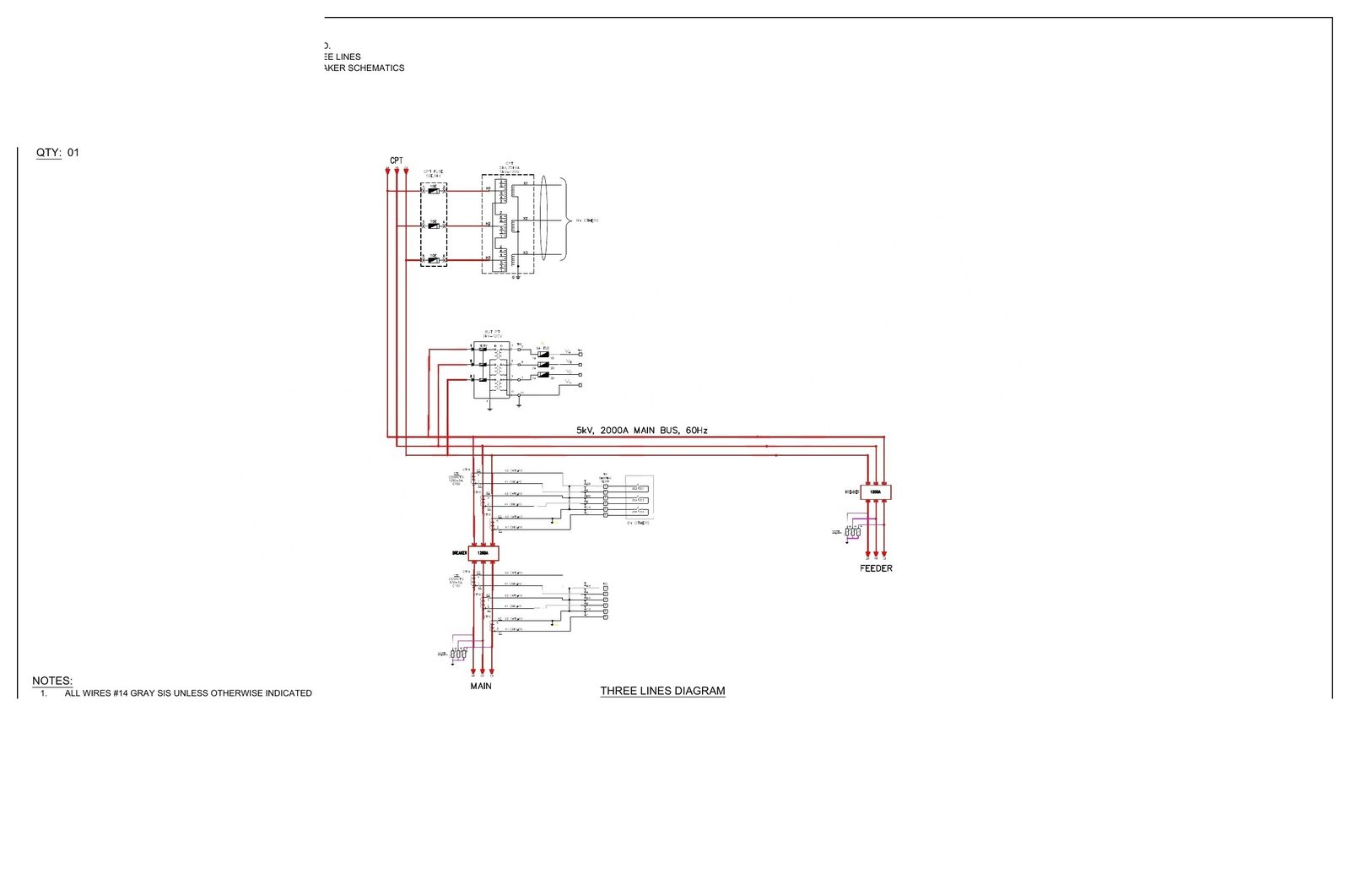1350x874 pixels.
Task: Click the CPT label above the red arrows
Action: (x=396, y=160)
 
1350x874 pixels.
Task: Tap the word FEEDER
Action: (x=876, y=568)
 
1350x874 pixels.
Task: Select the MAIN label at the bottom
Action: (x=481, y=686)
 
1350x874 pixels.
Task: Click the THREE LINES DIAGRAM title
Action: (x=662, y=691)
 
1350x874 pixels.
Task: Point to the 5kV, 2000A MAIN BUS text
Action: (x=641, y=431)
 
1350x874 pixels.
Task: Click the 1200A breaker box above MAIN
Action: (x=483, y=553)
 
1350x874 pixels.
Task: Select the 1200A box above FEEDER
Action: (x=876, y=491)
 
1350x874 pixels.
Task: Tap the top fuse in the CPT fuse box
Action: (x=434, y=191)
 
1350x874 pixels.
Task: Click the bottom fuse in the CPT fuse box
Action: (x=434, y=260)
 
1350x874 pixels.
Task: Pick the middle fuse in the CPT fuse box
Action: (x=434, y=225)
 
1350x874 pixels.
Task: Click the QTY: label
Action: (x=48, y=153)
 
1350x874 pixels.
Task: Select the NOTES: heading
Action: (x=52, y=681)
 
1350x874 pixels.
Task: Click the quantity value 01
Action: (x=73, y=153)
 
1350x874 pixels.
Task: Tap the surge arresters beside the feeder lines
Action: (x=853, y=532)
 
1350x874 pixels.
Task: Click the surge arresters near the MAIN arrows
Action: (x=458, y=654)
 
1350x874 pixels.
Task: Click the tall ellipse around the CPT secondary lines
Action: (x=543, y=219)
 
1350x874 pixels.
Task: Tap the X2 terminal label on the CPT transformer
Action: (x=525, y=219)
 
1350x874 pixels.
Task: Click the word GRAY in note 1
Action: (x=143, y=693)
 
